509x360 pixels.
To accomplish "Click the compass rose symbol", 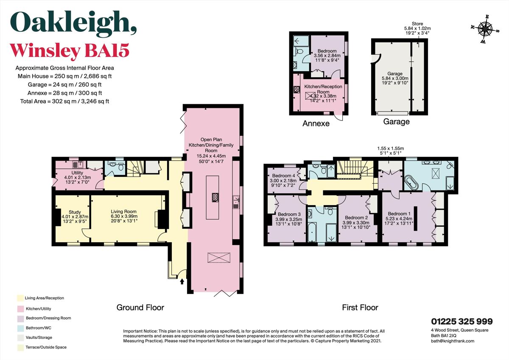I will tap(484, 29).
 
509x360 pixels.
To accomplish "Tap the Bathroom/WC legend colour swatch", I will tap(20, 327).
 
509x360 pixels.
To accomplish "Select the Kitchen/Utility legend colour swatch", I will tap(20, 308).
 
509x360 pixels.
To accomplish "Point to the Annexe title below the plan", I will tap(316, 124).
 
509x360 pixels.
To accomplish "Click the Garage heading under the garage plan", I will tap(396, 122).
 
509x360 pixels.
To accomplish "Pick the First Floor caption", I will tap(360, 307).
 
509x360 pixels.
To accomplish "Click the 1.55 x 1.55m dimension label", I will tap(390, 149).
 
